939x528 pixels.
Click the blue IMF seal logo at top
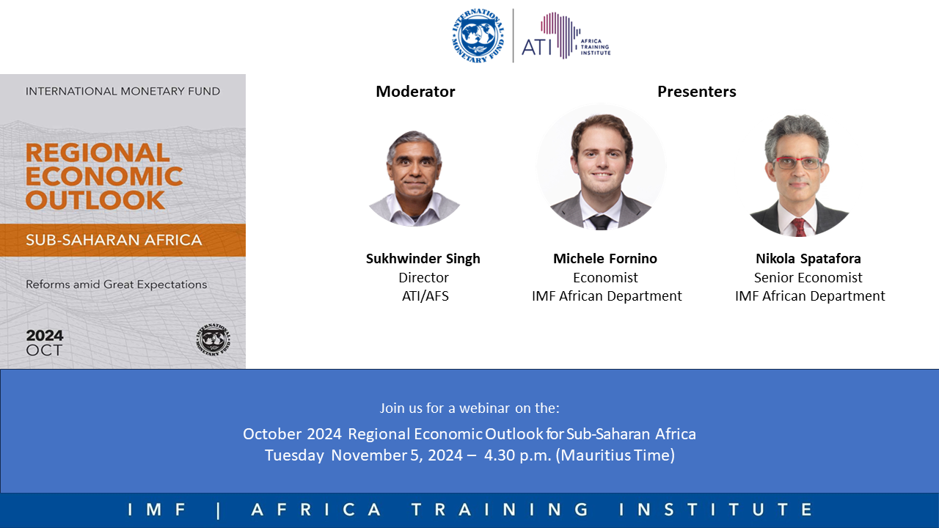click(478, 36)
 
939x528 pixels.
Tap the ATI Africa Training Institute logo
click(566, 36)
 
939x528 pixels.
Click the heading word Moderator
click(415, 92)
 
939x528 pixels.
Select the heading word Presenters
click(697, 92)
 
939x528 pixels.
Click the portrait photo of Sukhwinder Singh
click(414, 178)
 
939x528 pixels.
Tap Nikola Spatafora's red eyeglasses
click(797, 162)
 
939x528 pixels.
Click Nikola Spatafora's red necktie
click(800, 227)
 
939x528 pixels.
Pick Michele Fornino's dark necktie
click(600, 222)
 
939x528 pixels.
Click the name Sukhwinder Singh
click(423, 259)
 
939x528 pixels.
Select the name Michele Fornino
click(605, 259)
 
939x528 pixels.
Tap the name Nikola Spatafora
click(808, 259)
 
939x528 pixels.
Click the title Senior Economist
click(808, 277)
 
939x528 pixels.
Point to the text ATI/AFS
click(425, 296)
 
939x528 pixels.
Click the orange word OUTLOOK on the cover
click(95, 200)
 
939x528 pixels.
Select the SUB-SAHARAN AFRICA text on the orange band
click(114, 240)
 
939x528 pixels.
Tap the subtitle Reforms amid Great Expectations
click(116, 285)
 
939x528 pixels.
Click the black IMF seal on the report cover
click(213, 340)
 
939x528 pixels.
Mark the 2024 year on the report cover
click(45, 335)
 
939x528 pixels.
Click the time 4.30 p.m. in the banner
click(517, 455)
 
